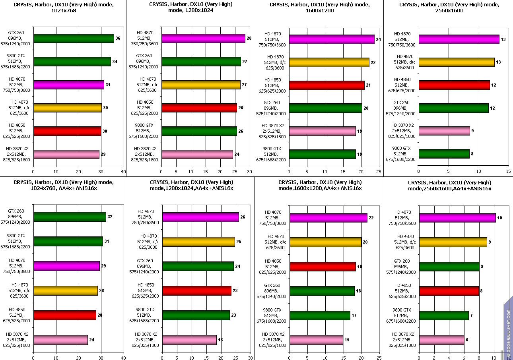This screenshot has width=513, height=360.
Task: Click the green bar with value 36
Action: [x=74, y=39]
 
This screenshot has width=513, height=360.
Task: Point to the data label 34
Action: [x=115, y=62]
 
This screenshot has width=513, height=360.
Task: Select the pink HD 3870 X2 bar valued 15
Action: [x=316, y=340]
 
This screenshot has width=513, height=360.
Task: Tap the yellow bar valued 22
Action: [x=329, y=62]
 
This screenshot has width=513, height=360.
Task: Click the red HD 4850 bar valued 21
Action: [x=326, y=85]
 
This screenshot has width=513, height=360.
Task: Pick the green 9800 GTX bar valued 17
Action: [x=320, y=315]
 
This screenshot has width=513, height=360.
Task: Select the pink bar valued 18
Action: [x=189, y=340]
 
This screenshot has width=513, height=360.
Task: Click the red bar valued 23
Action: [x=196, y=291]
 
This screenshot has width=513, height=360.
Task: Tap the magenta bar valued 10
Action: [x=457, y=218]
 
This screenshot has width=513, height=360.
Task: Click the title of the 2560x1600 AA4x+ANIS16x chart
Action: [x=449, y=186]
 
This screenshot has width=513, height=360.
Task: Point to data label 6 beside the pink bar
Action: [x=467, y=340]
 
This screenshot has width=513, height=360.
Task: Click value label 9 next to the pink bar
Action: [x=472, y=131]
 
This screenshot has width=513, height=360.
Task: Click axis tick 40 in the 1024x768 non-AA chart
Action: [x=123, y=172]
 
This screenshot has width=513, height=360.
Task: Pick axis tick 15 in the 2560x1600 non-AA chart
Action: [x=508, y=172]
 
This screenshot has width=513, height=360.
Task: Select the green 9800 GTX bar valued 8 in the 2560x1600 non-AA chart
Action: [x=444, y=154]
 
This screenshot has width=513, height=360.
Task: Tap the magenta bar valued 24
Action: [x=332, y=39]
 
